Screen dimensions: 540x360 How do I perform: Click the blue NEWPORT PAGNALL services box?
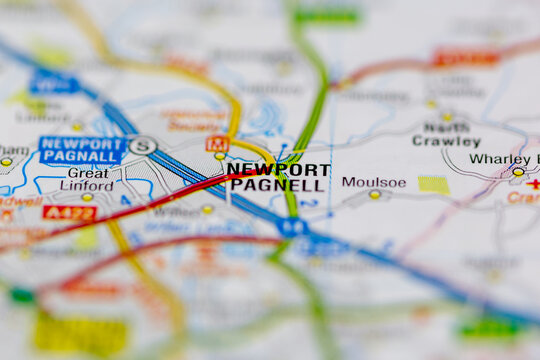tap(82, 150)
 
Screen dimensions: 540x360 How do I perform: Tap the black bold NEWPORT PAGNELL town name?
tap(277, 177)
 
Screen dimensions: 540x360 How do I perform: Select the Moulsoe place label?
tap(373, 182)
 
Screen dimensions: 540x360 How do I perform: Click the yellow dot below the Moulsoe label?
tap(375, 194)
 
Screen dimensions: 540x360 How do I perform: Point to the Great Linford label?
tap(88, 179)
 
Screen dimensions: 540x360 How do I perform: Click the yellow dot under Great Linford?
tap(87, 197)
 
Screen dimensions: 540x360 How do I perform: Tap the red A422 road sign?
tap(70, 212)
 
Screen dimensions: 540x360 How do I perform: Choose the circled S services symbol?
tap(144, 146)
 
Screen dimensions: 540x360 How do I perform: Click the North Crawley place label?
tap(446, 135)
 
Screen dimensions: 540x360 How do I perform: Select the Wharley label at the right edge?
tap(500, 159)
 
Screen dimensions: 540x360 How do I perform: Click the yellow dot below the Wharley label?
tap(518, 172)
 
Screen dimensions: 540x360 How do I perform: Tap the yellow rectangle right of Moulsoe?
tap(433, 185)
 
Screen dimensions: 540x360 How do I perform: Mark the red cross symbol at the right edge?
tap(533, 184)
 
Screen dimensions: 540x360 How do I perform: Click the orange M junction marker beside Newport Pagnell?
tap(217, 143)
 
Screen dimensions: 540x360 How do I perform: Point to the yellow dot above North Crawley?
tap(447, 117)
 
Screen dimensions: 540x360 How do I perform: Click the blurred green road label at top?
tap(326, 16)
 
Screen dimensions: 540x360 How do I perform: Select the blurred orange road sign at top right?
tap(465, 59)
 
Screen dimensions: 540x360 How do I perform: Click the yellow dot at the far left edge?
tap(6, 161)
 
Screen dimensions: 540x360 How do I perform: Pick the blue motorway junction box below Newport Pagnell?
tap(292, 227)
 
